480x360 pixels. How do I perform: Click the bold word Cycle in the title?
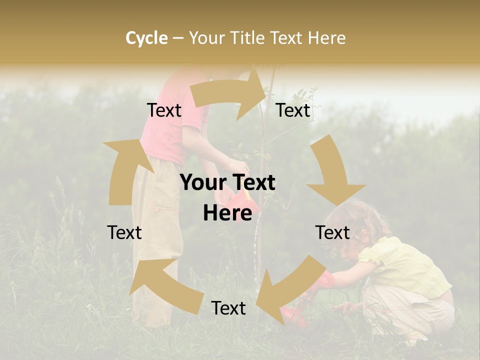pyautogui.click(x=146, y=38)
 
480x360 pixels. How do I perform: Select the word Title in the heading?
pyautogui.click(x=249, y=38)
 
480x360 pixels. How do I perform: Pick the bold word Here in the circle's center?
pyautogui.click(x=227, y=213)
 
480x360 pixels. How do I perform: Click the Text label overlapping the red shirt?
pyautogui.click(x=164, y=110)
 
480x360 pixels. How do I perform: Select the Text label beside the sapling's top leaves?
pyautogui.click(x=293, y=110)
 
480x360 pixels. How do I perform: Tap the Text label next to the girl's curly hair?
pyautogui.click(x=332, y=232)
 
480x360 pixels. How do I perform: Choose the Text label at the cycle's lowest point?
pyautogui.click(x=228, y=308)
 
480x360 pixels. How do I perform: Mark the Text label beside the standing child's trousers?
pyautogui.click(x=124, y=232)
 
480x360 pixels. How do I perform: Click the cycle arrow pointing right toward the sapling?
pyautogui.click(x=230, y=92)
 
